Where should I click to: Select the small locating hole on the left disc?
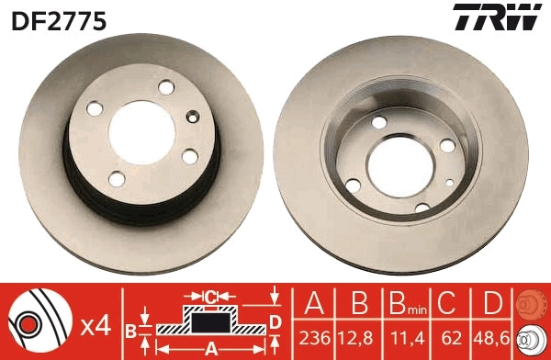click(x=191, y=117)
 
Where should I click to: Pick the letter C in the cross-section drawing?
click(x=210, y=298)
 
